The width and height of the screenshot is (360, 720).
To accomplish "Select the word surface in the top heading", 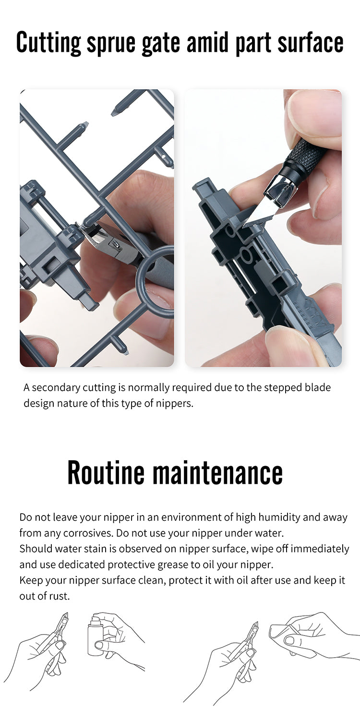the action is [x=311, y=42].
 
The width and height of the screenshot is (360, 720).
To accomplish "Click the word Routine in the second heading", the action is [x=106, y=472].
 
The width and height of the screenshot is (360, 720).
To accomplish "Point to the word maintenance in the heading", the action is [x=217, y=472].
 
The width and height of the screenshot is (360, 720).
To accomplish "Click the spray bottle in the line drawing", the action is [x=98, y=636].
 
